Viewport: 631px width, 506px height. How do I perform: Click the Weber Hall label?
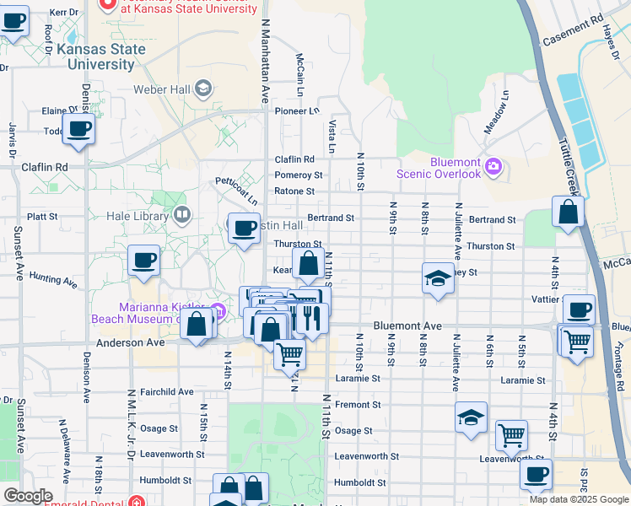[162, 89]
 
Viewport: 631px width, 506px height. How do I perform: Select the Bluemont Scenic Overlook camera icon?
[493, 167]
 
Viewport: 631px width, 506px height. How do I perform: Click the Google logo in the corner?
[27, 496]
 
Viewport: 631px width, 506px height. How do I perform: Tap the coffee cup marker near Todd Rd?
[78, 129]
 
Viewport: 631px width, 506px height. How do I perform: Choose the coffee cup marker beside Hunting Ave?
[143, 260]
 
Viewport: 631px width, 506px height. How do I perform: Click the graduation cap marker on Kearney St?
[438, 278]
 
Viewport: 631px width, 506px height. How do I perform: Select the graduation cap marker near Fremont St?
[471, 417]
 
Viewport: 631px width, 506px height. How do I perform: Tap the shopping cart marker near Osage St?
[511, 435]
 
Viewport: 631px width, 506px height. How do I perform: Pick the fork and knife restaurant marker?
[312, 319]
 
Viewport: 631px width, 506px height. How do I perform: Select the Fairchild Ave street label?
[167, 392]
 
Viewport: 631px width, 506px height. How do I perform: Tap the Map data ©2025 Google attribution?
[578, 499]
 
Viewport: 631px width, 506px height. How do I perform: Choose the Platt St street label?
[41, 217]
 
